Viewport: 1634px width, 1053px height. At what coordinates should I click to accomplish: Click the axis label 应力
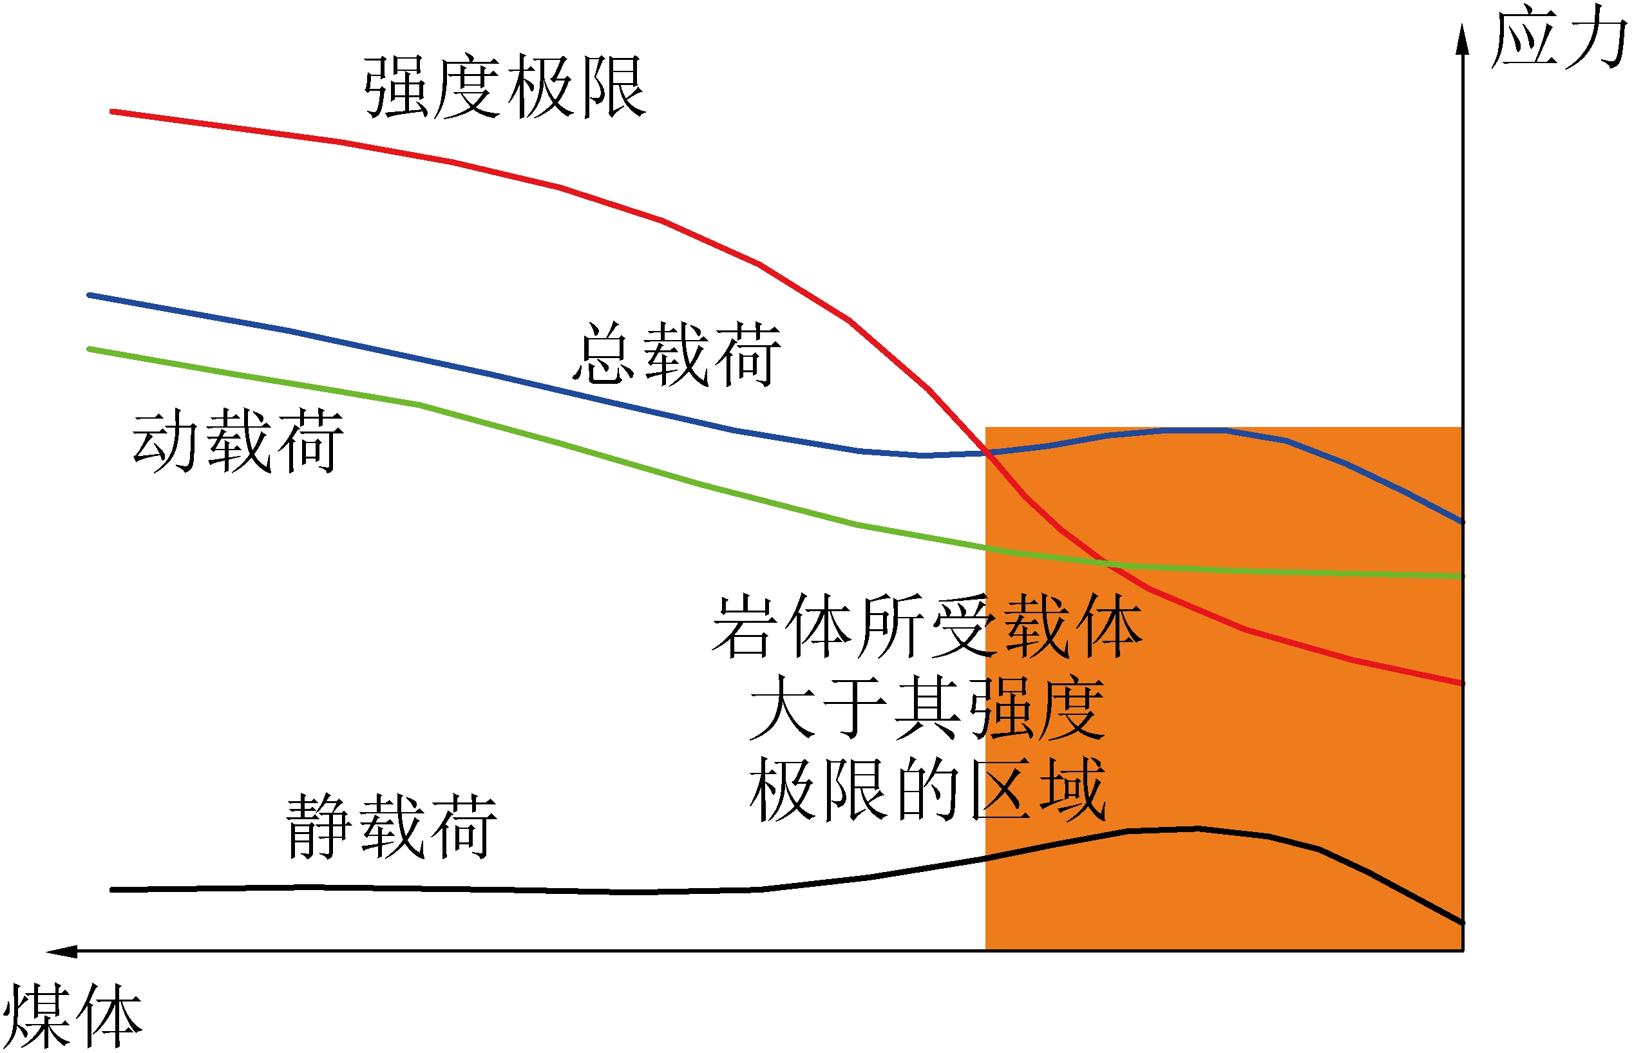(1558, 37)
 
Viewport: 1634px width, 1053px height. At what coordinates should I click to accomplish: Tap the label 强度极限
(504, 87)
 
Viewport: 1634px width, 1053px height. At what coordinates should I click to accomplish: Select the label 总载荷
(676, 355)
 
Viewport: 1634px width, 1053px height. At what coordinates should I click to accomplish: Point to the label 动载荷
(237, 442)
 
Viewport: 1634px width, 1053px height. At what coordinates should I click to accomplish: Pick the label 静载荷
(391, 828)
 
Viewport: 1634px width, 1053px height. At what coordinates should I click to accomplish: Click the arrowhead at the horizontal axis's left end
(60, 951)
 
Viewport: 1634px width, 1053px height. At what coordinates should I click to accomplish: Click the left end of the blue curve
(90, 296)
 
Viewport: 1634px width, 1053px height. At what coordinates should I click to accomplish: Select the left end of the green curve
(90, 350)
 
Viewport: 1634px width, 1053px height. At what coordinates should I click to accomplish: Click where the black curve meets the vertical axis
(1462, 923)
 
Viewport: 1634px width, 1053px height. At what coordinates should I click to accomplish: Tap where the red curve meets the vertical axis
(1462, 683)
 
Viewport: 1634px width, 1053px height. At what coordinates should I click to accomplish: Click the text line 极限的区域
(927, 790)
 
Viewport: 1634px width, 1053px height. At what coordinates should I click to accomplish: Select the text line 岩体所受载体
(927, 627)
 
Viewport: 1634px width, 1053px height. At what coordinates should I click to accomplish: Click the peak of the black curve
(1197, 830)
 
